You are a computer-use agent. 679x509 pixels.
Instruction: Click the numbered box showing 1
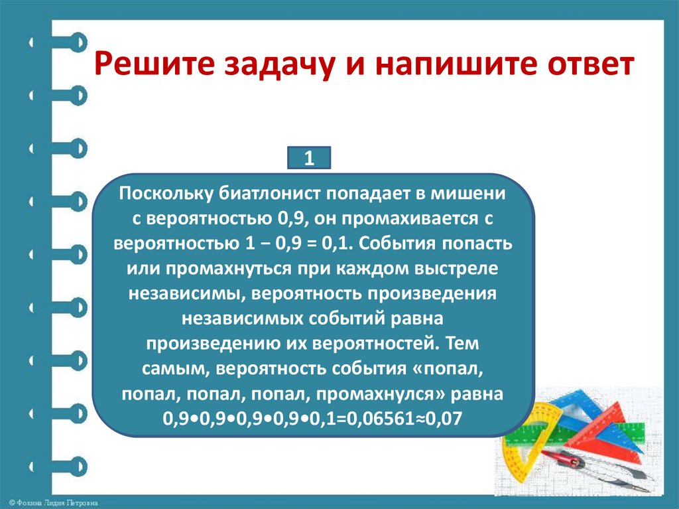pyautogui.click(x=308, y=159)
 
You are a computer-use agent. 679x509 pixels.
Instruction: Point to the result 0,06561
pyautogui.click(x=393, y=419)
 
